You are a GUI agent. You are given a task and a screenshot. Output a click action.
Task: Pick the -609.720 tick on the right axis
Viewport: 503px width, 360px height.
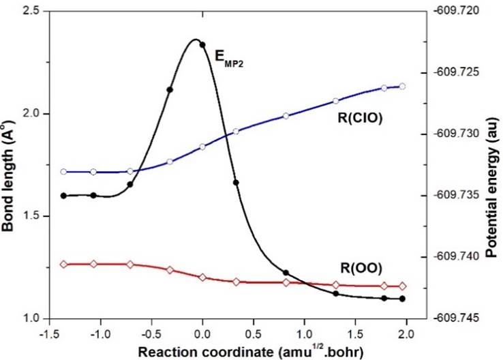455,12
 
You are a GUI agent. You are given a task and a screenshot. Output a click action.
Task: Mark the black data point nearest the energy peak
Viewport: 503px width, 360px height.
202,45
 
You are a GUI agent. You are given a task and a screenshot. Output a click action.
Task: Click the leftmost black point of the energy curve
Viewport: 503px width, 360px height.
63,196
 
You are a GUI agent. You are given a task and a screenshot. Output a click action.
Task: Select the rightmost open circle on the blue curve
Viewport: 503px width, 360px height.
402,86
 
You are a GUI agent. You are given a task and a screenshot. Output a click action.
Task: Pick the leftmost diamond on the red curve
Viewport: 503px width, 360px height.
63,264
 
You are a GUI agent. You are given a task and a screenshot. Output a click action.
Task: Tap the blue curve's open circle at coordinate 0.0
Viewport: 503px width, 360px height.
202,147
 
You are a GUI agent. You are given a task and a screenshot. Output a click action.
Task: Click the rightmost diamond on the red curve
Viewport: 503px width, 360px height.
402,286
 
